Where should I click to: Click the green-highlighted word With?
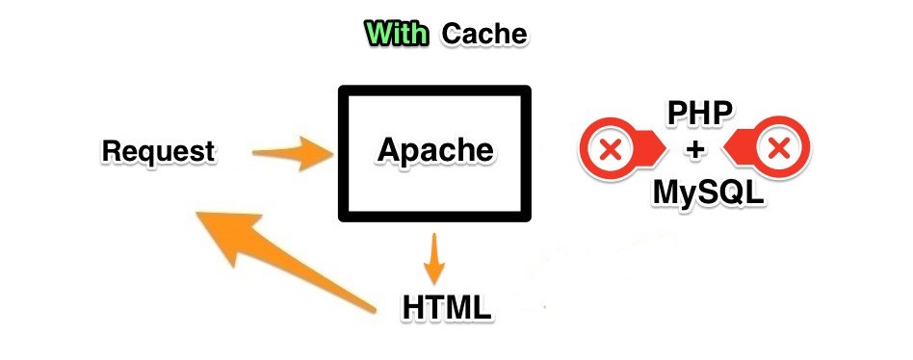(397, 35)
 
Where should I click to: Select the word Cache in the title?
(484, 35)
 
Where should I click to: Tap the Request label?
(158, 152)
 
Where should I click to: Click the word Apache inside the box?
(434, 150)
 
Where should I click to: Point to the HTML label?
(447, 308)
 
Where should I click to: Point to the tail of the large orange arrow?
(371, 308)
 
